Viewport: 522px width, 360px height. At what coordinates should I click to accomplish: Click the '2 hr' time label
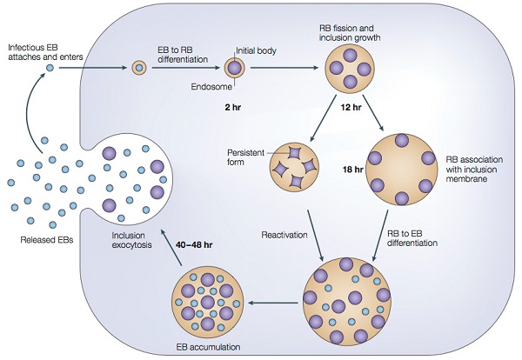coord(232,107)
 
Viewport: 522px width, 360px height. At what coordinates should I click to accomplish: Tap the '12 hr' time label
coord(351,107)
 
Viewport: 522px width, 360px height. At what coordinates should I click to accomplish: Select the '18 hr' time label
coord(353,170)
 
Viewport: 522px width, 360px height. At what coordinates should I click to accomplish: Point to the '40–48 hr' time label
coord(193,245)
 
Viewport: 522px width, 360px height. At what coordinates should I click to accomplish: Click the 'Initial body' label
coord(256,51)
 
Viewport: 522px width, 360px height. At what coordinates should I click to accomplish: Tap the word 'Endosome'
coord(211,87)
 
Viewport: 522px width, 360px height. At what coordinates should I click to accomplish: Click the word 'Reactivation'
coord(284,235)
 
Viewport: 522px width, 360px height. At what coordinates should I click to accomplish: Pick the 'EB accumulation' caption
coord(208,347)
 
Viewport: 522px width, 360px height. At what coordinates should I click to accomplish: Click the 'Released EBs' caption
coord(47,240)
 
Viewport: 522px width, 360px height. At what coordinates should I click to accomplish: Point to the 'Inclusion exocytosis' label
coord(131,240)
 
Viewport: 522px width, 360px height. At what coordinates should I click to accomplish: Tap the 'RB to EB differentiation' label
coord(412,238)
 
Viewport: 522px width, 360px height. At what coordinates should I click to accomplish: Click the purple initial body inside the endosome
coord(235,68)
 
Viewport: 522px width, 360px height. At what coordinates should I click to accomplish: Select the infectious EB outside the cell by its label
coord(50,68)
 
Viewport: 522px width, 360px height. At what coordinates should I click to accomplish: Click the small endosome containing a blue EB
coord(139,68)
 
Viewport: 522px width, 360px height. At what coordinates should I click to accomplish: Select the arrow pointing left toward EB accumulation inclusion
coord(274,303)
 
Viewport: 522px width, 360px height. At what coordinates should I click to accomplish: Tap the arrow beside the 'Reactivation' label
coord(315,236)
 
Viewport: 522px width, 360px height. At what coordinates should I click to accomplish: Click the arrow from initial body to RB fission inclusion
coord(284,68)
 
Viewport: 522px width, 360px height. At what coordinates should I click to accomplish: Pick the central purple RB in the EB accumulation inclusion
coord(208,302)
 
